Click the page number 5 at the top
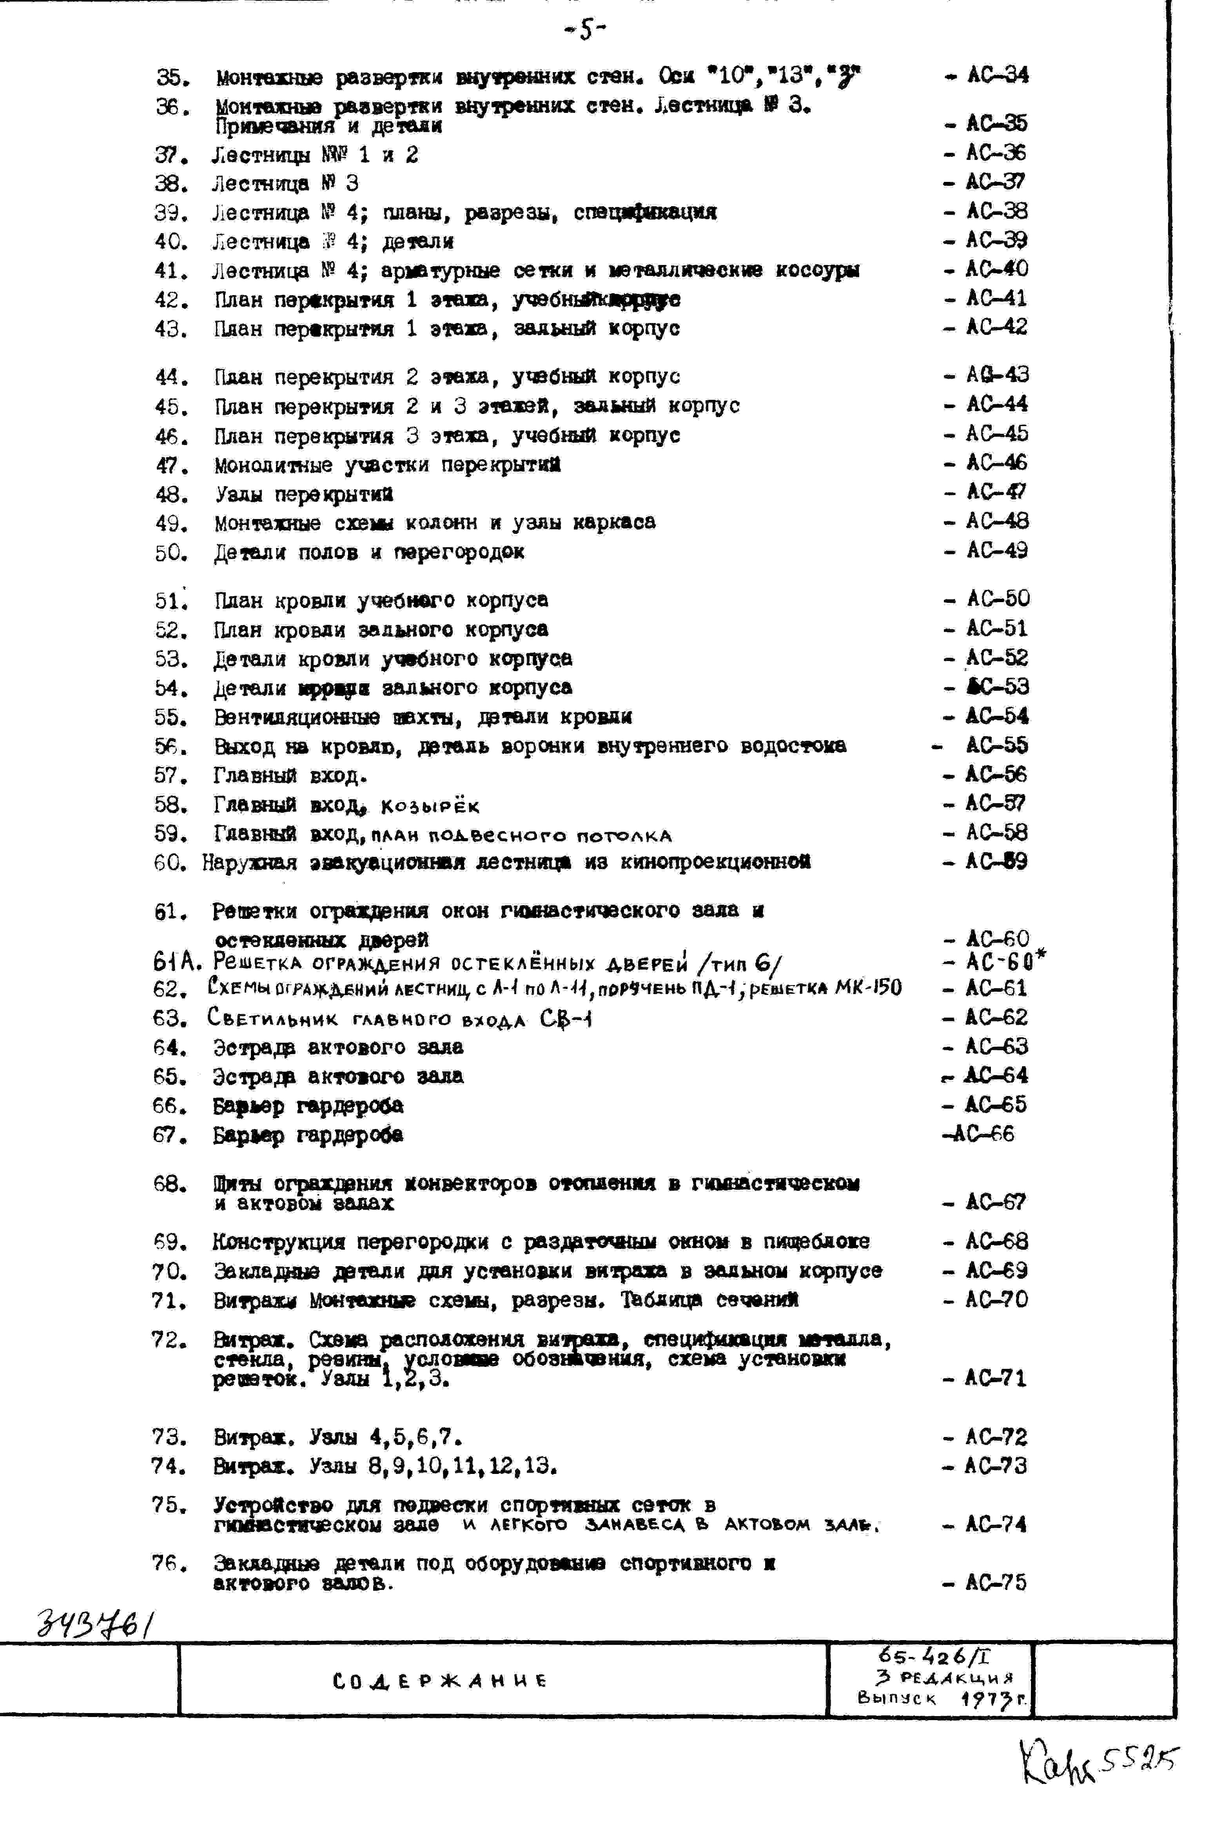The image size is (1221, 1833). pos(586,29)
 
